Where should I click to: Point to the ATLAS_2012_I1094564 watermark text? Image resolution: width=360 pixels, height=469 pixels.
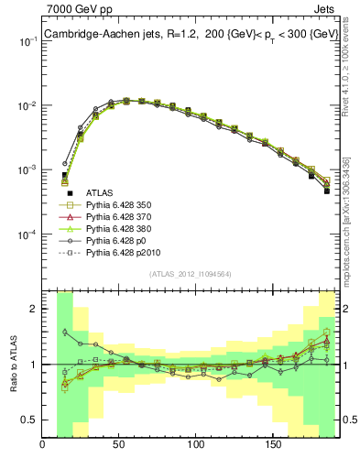click(189, 274)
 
